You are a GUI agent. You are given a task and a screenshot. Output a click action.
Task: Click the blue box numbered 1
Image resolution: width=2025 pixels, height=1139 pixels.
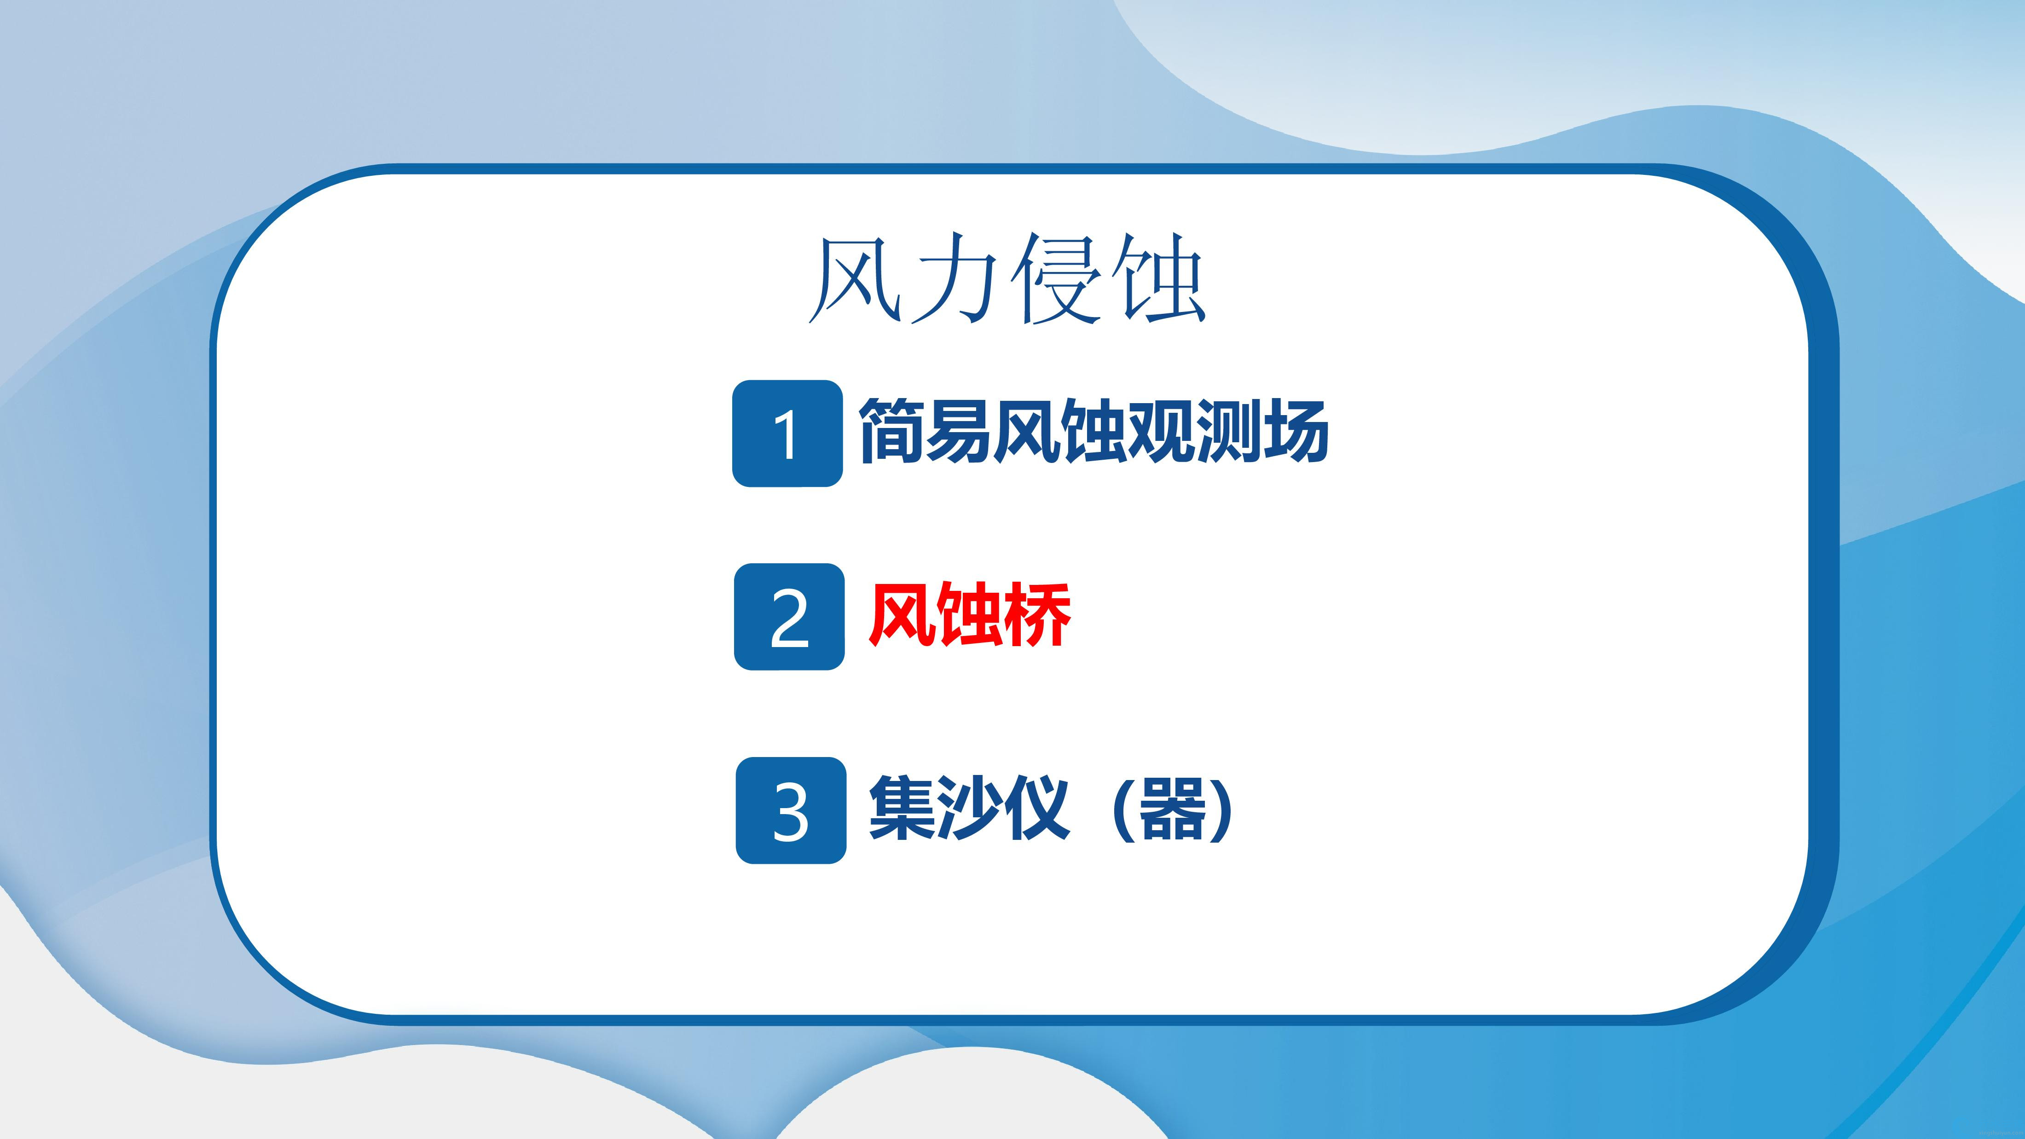tap(787, 433)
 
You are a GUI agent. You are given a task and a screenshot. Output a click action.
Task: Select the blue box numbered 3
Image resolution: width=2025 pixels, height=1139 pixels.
tap(791, 810)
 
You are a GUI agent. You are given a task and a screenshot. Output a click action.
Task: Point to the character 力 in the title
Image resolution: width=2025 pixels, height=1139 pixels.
tap(955, 278)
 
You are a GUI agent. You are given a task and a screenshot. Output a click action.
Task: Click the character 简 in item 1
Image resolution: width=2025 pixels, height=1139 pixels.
tap(891, 431)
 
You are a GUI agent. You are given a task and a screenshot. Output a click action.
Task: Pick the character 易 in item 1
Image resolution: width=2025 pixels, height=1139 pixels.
tap(958, 431)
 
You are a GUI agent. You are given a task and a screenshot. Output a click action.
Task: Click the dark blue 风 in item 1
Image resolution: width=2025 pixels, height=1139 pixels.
tap(1025, 431)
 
